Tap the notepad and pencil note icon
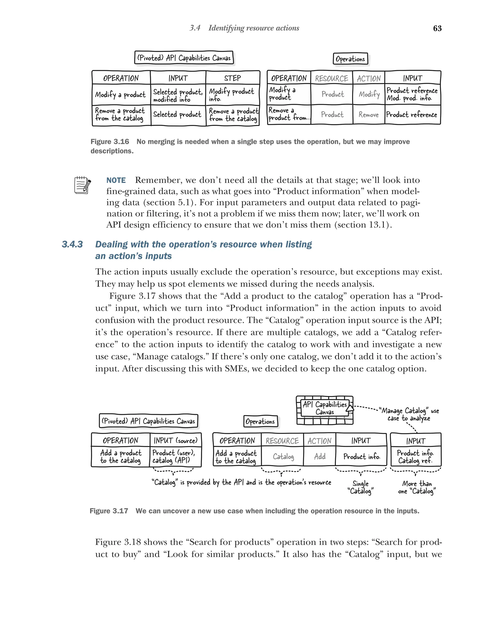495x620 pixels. click(82, 185)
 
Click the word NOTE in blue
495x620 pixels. click(116, 180)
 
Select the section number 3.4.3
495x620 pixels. click(72, 244)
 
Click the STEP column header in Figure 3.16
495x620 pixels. click(232, 78)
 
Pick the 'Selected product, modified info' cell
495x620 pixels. click(178, 95)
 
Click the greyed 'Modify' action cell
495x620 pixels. click(369, 94)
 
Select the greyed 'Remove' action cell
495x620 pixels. click(368, 115)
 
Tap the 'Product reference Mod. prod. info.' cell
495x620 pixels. click(412, 94)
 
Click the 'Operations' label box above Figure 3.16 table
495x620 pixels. click(350, 59)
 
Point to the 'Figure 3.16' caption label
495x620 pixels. click(110, 141)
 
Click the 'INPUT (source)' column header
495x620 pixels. click(175, 440)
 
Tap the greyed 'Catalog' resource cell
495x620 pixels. click(283, 456)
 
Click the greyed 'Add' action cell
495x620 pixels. click(320, 456)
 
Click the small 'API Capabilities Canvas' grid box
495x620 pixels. click(324, 410)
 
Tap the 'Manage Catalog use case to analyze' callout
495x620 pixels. click(409, 414)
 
